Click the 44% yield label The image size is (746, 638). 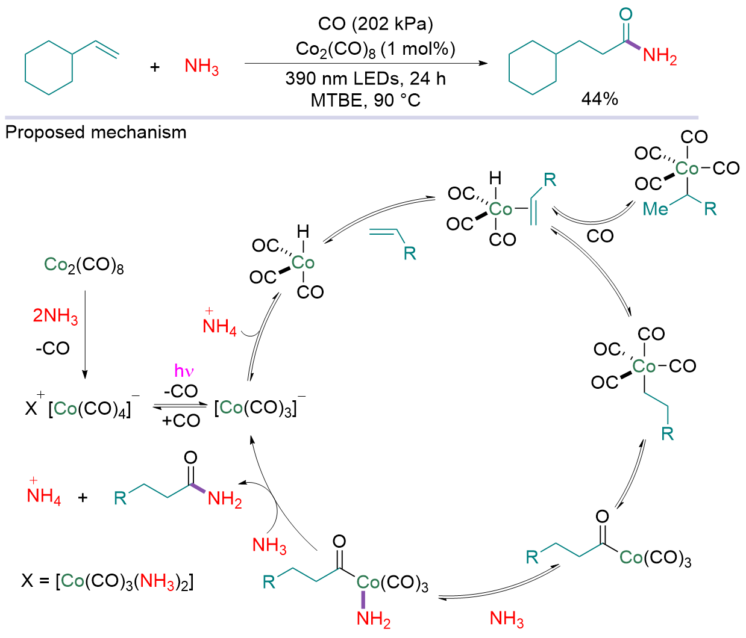click(600, 98)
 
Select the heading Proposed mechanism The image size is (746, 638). click(96, 132)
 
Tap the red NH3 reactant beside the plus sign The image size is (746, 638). click(201, 67)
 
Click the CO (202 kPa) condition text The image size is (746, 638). click(375, 24)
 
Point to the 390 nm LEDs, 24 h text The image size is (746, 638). click(366, 78)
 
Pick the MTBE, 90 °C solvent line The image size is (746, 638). click(366, 100)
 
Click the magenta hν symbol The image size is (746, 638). click(184, 371)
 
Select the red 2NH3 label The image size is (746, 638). click(55, 316)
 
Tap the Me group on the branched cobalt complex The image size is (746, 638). click(656, 209)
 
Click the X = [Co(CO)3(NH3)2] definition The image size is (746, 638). click(107, 581)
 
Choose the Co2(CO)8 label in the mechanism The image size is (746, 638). click(84, 265)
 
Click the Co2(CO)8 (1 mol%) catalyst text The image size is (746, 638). click(375, 49)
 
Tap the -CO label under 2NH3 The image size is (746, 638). click(52, 348)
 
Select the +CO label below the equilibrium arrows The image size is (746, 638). click(181, 421)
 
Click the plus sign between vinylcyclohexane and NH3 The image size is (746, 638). click(155, 67)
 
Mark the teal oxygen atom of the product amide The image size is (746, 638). click(625, 14)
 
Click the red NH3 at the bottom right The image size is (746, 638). click(506, 619)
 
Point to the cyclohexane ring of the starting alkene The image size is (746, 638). click(49, 68)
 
